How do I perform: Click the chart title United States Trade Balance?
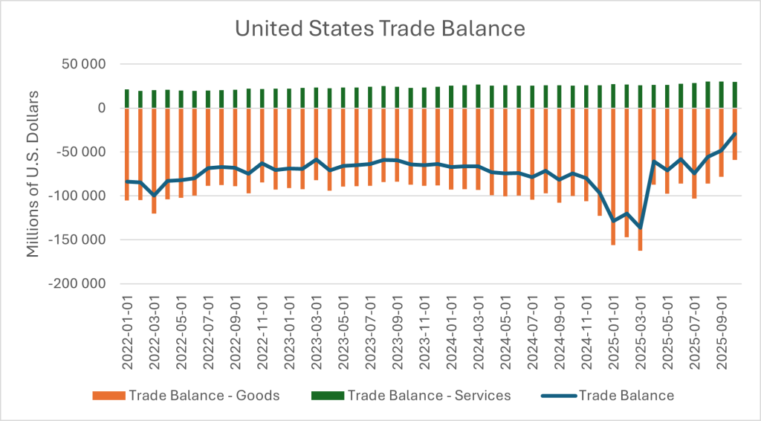pyautogui.click(x=380, y=29)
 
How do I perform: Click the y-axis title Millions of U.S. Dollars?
pyautogui.click(x=33, y=174)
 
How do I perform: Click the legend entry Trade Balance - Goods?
pyautogui.click(x=204, y=395)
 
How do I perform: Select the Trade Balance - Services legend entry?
pyautogui.click(x=429, y=395)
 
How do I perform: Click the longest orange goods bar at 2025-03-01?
pyautogui.click(x=640, y=186)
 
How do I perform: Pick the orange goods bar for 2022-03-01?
pyautogui.click(x=155, y=164)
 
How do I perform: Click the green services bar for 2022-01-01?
pyautogui.click(x=127, y=99)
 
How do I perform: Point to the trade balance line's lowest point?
pyautogui.click(x=640, y=228)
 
